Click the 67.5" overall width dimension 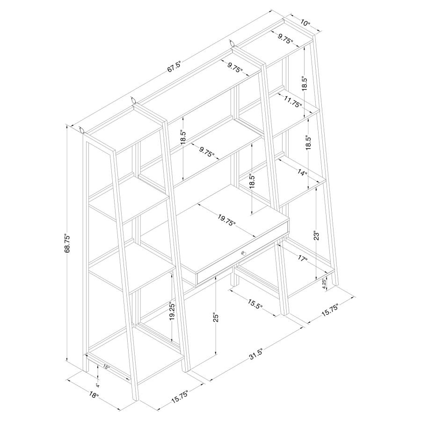tap(175, 67)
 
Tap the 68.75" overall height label tap(67, 244)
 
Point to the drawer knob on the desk tap(243, 253)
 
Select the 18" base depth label tap(94, 395)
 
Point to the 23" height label tap(317, 235)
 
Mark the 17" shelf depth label tap(302, 258)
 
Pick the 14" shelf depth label tap(302, 173)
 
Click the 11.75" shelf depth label tap(293, 102)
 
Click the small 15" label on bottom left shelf tap(106, 367)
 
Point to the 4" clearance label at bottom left tap(98, 385)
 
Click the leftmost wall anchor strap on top tap(81, 129)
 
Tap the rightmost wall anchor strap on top tap(232, 43)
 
